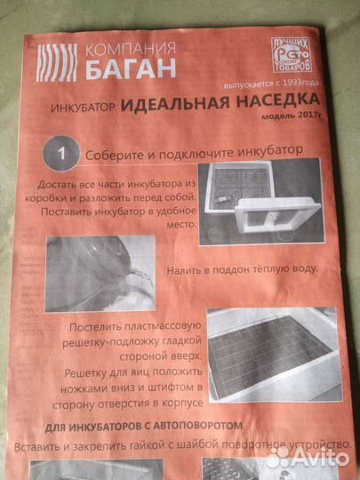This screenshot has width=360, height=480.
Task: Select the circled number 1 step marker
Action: point(62,155)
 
